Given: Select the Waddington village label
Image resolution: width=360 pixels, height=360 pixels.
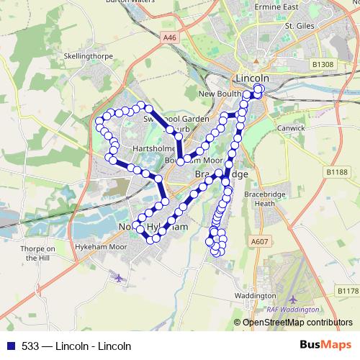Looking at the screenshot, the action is click(256, 296).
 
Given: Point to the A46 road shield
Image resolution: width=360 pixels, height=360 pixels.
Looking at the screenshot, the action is click(169, 37).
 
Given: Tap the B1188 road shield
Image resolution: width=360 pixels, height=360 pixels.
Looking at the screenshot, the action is click(336, 172).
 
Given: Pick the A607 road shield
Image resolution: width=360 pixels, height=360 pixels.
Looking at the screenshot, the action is click(260, 241).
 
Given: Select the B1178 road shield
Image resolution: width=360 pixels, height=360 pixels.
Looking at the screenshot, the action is click(348, 290).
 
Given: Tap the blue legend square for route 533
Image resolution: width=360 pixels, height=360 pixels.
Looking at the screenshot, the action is click(8, 345).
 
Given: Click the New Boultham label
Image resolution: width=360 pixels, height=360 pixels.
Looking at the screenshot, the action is click(220, 94).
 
